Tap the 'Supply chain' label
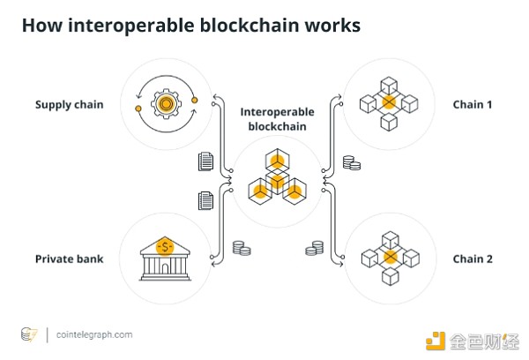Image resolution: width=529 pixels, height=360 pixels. pyautogui.click(x=69, y=105)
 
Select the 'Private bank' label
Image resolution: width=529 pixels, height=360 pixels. pyautogui.click(x=69, y=259)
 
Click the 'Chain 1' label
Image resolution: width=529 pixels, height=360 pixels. pyautogui.click(x=473, y=105)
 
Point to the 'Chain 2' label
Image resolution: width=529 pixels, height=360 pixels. pyautogui.click(x=473, y=259)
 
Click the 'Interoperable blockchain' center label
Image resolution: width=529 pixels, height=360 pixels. pyautogui.click(x=277, y=119)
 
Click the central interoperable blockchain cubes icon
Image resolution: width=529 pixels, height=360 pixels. pyautogui.click(x=277, y=177)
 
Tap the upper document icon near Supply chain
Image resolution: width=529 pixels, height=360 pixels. pyautogui.click(x=205, y=161)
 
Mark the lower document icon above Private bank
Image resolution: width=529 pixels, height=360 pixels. pyautogui.click(x=205, y=201)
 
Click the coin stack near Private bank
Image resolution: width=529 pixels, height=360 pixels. pyautogui.click(x=240, y=249)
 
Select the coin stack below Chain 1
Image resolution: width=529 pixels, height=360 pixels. pyautogui.click(x=351, y=162)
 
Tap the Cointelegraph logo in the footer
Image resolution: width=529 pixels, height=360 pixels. pyautogui.click(x=29, y=335)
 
